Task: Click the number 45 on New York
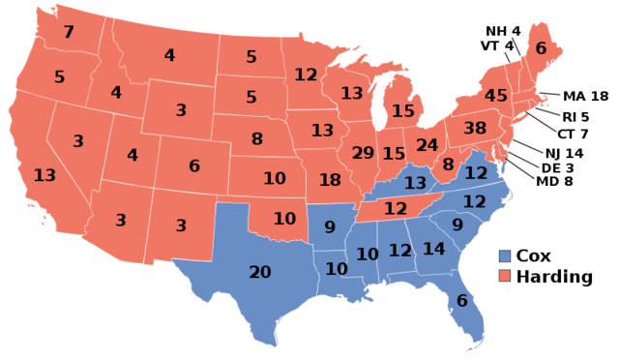click(x=496, y=96)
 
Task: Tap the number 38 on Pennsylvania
click(x=475, y=128)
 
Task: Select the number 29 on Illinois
click(x=363, y=153)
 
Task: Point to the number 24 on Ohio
click(x=427, y=145)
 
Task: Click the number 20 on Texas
click(x=260, y=272)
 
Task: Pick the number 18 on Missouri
click(x=330, y=179)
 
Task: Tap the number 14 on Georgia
click(x=433, y=249)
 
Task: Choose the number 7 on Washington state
click(x=69, y=32)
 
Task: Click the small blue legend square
click(x=505, y=256)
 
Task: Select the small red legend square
click(x=505, y=276)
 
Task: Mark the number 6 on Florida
click(x=462, y=301)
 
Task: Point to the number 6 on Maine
click(x=541, y=48)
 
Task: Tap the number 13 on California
click(x=44, y=175)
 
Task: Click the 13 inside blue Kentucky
click(x=415, y=183)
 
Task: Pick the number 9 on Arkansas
click(x=330, y=227)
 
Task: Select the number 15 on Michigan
click(x=402, y=111)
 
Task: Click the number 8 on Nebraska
click(x=256, y=138)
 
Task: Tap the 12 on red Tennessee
click(x=395, y=208)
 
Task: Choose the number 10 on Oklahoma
click(x=284, y=219)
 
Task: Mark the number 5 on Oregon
click(x=59, y=76)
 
